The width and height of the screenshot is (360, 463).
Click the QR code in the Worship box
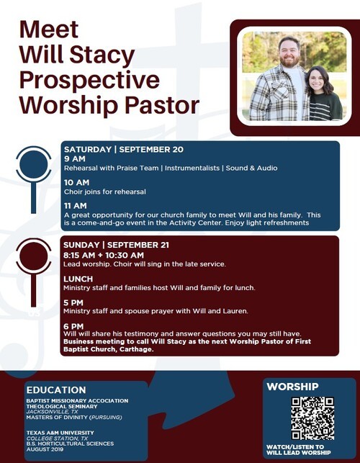[x=312, y=418]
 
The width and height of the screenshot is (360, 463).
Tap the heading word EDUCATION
[x=56, y=390]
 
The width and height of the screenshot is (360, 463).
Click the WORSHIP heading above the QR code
[x=292, y=387]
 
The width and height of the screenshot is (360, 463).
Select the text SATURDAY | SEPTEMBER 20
[x=124, y=149]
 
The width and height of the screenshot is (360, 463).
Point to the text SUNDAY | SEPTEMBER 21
[x=116, y=245]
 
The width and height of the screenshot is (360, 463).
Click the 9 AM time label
[x=75, y=159]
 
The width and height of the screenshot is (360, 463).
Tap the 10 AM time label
[x=76, y=182]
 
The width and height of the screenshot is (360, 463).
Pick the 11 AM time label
[x=76, y=206]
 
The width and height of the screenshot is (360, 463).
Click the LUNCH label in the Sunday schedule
[x=78, y=279]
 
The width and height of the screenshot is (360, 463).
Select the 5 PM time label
[x=73, y=302]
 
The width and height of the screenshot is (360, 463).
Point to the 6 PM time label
[x=73, y=326]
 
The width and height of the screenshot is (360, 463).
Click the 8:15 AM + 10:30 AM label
[x=104, y=255]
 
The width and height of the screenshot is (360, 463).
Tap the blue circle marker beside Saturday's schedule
[x=33, y=164]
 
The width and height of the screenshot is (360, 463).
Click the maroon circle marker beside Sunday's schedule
[x=33, y=256]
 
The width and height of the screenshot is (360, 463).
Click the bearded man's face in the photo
[x=289, y=53]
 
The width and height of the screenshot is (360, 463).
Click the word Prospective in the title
[x=89, y=80]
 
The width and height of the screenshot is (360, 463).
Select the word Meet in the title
[x=49, y=30]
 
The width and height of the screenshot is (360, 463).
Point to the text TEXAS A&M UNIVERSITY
[x=60, y=433]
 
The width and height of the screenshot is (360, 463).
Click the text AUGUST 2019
[x=42, y=449]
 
